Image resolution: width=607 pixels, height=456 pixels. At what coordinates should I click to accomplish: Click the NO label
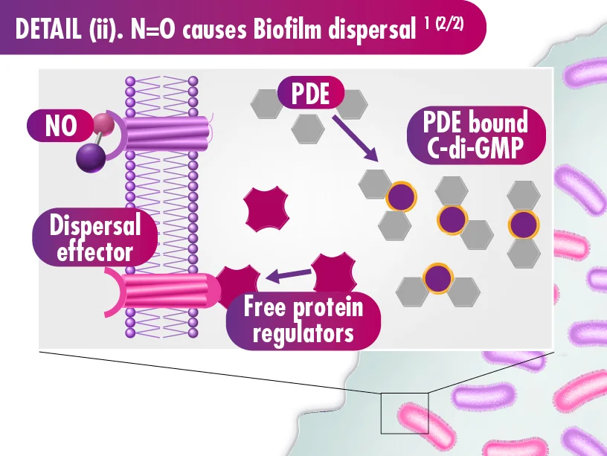click(x=60, y=126)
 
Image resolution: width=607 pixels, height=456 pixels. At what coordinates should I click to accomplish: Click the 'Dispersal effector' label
click(x=94, y=238)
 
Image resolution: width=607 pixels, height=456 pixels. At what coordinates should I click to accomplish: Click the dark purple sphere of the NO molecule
click(x=90, y=158)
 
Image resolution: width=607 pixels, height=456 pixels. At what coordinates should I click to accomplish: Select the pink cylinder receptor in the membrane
click(x=167, y=292)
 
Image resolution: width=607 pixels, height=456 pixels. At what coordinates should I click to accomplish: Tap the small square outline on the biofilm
click(x=404, y=412)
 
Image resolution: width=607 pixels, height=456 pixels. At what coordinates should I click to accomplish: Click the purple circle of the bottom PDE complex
click(x=436, y=278)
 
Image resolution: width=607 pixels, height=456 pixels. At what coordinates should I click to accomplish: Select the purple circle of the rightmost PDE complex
click(x=523, y=224)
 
